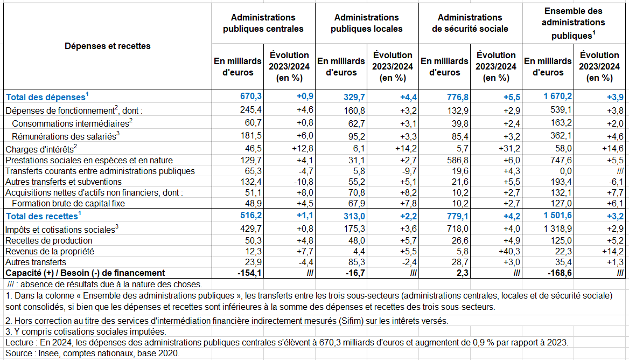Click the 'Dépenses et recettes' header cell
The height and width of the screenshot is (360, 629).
(108, 46)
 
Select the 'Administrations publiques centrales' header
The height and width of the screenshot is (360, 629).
(263, 23)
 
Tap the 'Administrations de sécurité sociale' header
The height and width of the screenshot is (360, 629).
(470, 23)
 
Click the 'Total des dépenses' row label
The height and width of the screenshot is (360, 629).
(47, 96)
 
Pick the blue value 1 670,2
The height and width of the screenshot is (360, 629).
(557, 96)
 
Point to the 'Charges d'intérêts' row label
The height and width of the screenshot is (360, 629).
(41, 149)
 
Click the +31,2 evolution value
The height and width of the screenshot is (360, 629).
(509, 149)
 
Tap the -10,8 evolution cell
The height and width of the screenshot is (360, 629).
(303, 182)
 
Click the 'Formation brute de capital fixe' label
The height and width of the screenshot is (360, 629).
(68, 204)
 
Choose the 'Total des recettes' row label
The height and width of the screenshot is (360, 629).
(43, 216)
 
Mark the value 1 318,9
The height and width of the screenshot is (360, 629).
(557, 229)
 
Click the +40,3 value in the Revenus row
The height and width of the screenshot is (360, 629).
(509, 251)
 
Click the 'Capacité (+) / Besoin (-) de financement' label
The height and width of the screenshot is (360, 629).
(85, 273)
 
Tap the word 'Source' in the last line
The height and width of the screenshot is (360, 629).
(19, 353)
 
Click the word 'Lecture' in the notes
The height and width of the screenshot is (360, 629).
(19, 342)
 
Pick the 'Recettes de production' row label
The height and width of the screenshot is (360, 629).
(48, 240)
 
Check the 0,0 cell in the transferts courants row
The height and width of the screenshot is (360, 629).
(565, 171)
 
